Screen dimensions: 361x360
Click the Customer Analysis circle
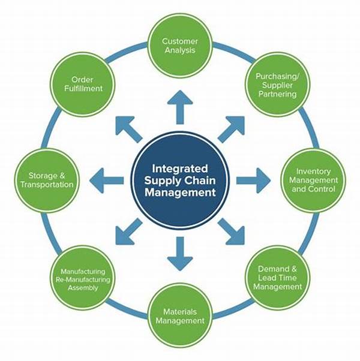tap(180, 46)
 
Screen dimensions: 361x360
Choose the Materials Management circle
tap(180, 315)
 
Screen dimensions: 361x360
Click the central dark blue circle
tap(180, 180)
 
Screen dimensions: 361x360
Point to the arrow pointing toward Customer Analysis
tap(180, 108)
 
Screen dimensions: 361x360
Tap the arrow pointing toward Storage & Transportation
tap(107, 180)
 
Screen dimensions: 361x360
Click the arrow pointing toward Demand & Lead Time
tap(232, 232)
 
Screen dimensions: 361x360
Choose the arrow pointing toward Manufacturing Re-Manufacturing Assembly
tap(128, 232)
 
